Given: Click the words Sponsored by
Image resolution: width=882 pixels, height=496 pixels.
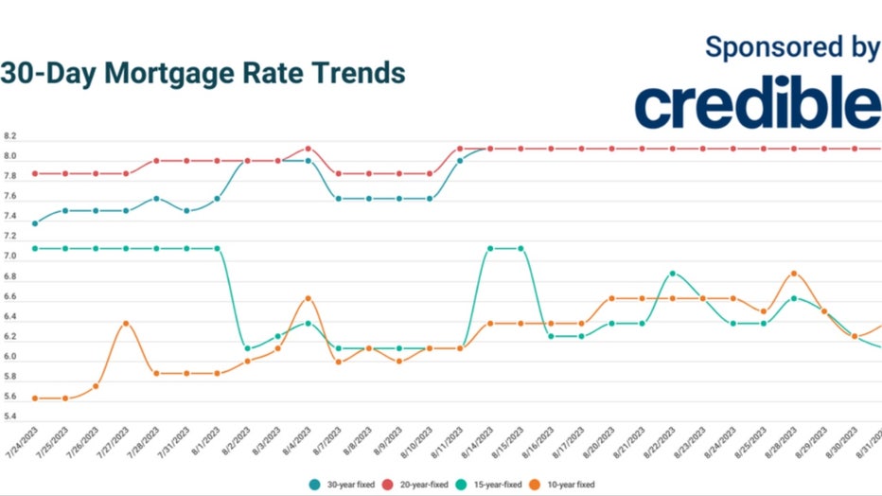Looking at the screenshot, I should [x=791, y=48].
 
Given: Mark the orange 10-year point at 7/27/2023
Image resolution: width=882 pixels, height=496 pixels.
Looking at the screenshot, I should [x=126, y=324].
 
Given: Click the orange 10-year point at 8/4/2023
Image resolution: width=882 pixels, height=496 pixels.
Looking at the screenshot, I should [x=309, y=298].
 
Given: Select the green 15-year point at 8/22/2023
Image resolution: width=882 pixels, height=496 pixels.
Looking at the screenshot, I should [x=672, y=274].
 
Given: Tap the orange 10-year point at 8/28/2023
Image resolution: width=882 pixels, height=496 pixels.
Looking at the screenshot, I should [x=793, y=274].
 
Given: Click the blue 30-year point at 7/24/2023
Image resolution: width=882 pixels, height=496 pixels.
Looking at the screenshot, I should [x=35, y=223].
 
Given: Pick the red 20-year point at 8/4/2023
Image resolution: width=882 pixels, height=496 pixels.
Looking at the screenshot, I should [x=309, y=149].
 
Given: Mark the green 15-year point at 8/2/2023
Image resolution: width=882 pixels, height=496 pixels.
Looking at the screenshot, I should [x=248, y=348].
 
